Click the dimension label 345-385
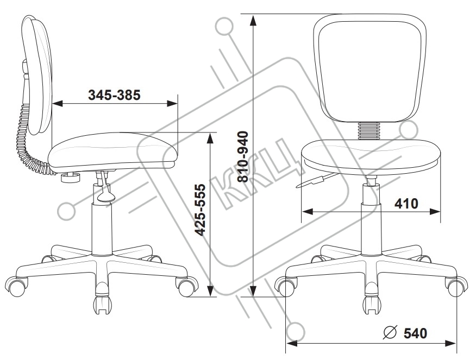pos(114,95)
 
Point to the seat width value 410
pos(407,204)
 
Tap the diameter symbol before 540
pos(390,332)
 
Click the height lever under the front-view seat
pos(314,181)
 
